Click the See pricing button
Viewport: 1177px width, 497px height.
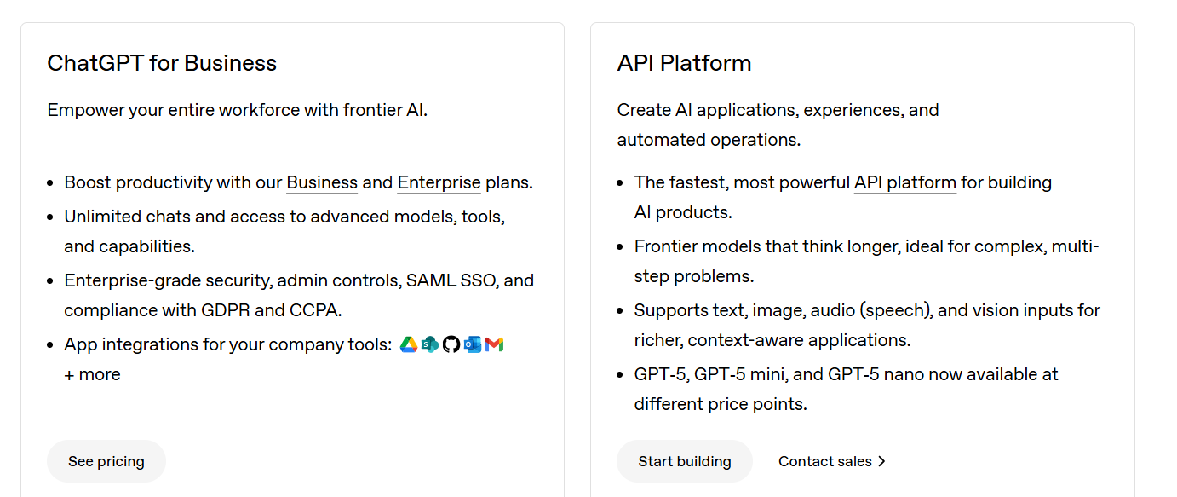pyautogui.click(x=106, y=461)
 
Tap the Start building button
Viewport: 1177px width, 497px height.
pyautogui.click(x=684, y=461)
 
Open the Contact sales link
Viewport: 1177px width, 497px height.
pyautogui.click(x=824, y=461)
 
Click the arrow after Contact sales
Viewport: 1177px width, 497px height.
pyautogui.click(x=882, y=461)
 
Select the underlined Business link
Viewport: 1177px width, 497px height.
pyautogui.click(x=322, y=182)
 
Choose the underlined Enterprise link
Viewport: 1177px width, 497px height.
pyautogui.click(x=439, y=182)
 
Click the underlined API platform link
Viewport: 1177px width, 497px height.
pyautogui.click(x=904, y=182)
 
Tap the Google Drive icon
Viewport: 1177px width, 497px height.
pyautogui.click(x=409, y=344)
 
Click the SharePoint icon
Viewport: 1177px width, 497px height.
pyautogui.click(x=430, y=344)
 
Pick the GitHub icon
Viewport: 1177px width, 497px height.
pyautogui.click(x=451, y=344)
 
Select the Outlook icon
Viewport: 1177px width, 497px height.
pyautogui.click(x=473, y=344)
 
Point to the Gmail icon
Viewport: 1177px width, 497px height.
pyautogui.click(x=494, y=344)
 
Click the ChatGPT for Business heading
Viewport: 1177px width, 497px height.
pyautogui.click(x=162, y=63)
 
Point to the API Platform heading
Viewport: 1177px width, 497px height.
pyautogui.click(x=684, y=63)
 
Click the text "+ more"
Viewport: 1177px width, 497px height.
pyautogui.click(x=92, y=374)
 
